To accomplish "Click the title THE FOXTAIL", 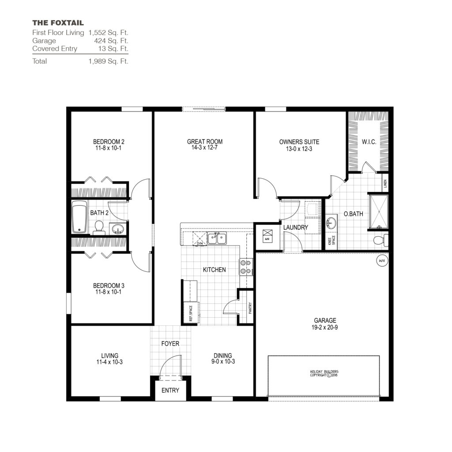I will tap(58, 23).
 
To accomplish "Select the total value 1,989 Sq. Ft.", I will tap(108, 61).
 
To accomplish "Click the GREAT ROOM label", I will tap(205, 142).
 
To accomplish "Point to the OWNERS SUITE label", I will tap(299, 142).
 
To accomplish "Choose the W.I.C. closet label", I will tap(369, 142).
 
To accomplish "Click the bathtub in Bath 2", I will tap(79, 217).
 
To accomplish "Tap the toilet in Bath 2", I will tap(99, 227).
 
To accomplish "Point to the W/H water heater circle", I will tap(381, 261).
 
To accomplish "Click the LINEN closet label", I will tap(385, 183).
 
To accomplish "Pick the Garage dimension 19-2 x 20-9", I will tap(325, 328).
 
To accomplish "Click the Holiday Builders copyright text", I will tap(324, 373).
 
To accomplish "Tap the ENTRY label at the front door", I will tap(170, 390).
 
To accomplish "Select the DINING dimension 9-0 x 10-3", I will tap(222, 362).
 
